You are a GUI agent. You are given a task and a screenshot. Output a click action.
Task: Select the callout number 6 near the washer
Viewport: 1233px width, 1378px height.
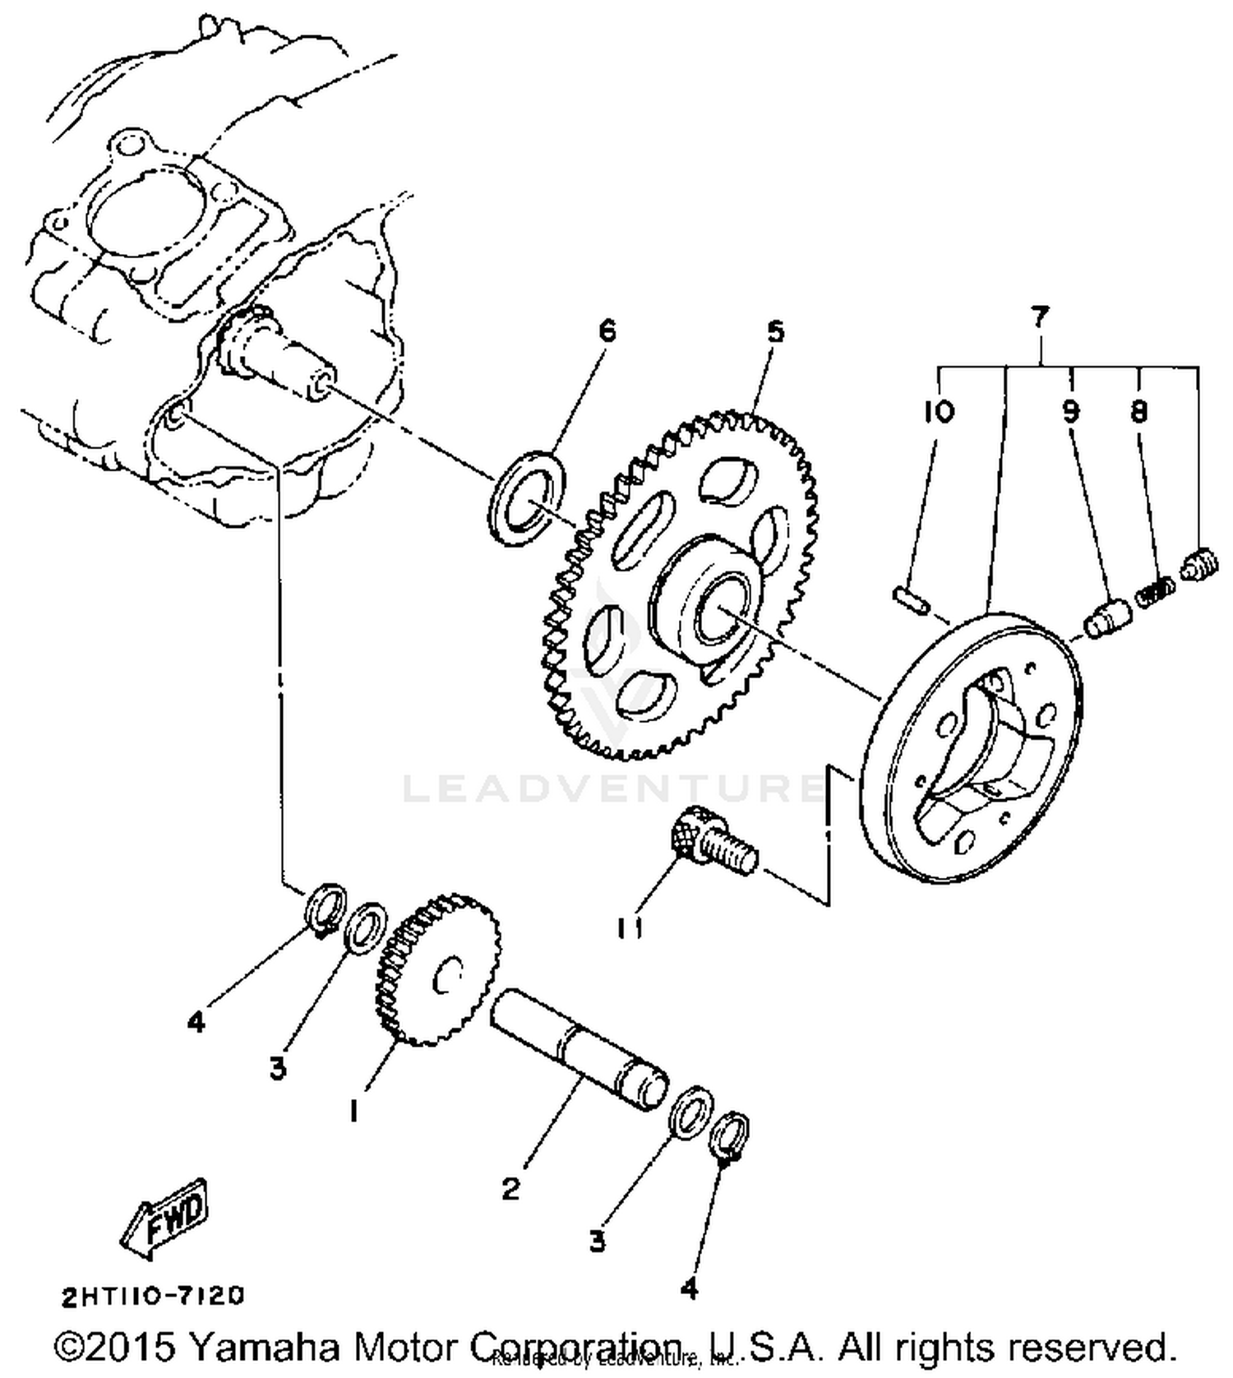pyautogui.click(x=607, y=331)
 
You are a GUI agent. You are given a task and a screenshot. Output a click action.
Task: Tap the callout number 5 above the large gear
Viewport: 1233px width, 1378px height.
pyautogui.click(x=775, y=331)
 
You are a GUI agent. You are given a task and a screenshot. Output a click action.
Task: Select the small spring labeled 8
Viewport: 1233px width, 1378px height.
pyautogui.click(x=1156, y=591)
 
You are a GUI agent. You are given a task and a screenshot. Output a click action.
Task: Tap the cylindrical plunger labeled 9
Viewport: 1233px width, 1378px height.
pyautogui.click(x=1108, y=617)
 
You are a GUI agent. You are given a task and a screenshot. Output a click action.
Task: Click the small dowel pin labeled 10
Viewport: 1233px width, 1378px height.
pyautogui.click(x=911, y=598)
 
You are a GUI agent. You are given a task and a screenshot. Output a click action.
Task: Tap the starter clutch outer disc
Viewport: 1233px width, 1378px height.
pyautogui.click(x=974, y=748)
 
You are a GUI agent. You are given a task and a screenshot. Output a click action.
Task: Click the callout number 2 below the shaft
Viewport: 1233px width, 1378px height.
pyautogui.click(x=510, y=1188)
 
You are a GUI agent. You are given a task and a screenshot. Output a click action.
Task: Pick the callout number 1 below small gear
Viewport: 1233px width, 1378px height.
pyautogui.click(x=354, y=1112)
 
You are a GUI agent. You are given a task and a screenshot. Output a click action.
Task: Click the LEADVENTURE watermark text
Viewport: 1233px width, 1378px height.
pyautogui.click(x=612, y=787)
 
